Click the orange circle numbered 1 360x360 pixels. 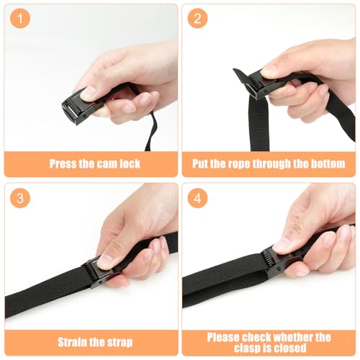[x=20, y=19]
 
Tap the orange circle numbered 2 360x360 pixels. [x=197, y=19]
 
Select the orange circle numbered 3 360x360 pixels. [x=20, y=198]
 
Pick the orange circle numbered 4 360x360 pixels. [x=197, y=198]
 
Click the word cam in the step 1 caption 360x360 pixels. [x=104, y=164]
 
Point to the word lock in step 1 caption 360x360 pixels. [x=130, y=163]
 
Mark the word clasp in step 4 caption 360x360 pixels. [x=247, y=348]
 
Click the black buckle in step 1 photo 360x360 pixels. [x=78, y=107]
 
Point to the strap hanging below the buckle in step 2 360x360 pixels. [x=258, y=124]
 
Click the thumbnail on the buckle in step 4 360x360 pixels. [x=280, y=247]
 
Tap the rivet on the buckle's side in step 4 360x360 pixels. [x=279, y=269]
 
